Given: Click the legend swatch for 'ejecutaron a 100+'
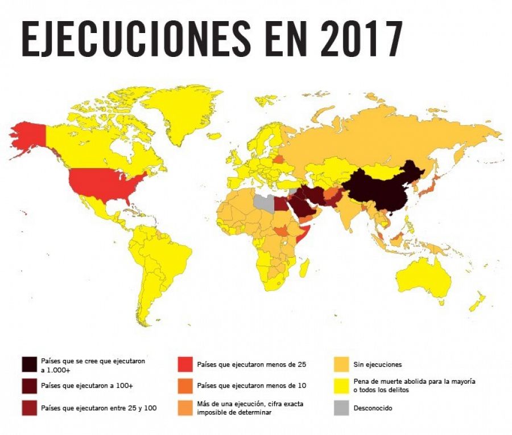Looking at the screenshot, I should (30, 385).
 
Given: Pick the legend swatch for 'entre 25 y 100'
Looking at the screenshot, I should (30, 408).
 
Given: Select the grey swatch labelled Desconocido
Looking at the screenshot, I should (341, 408).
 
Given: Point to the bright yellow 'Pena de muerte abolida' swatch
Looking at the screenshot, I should (341, 385).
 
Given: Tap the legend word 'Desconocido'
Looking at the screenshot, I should (373, 408).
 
